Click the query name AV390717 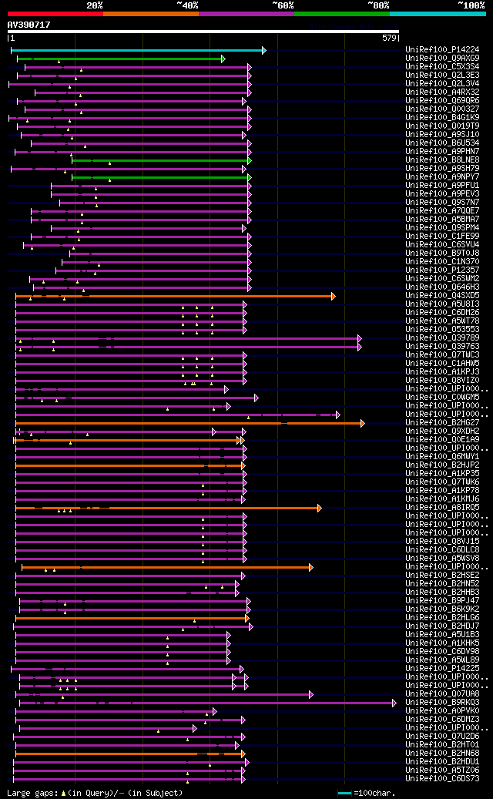(x=29, y=25)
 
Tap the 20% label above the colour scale (x=95, y=5)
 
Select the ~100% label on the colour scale (x=471, y=5)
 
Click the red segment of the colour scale (x=55, y=13)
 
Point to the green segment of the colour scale (x=341, y=13)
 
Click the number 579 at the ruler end (x=389, y=38)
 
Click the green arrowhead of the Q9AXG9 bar (x=223, y=59)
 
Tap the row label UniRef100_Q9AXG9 (x=442, y=59)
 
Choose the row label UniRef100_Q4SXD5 (x=442, y=296)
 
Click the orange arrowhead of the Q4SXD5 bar (x=333, y=296)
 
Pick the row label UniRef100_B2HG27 (x=442, y=423)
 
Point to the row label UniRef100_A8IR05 (x=442, y=508)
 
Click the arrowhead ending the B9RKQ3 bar (x=394, y=703)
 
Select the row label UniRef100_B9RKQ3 (x=442, y=703)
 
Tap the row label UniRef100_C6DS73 (x=442, y=779)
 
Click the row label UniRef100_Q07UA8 (x=442, y=694)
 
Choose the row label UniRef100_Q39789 (x=442, y=338)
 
